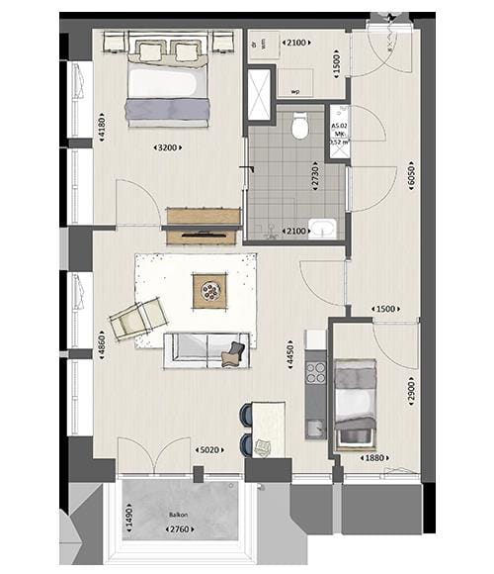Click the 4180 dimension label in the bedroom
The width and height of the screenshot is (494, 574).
point(102,127)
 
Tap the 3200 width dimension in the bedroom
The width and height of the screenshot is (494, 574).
point(167,148)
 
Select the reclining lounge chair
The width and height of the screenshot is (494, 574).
point(136,319)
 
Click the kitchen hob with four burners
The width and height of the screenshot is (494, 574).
point(315,372)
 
